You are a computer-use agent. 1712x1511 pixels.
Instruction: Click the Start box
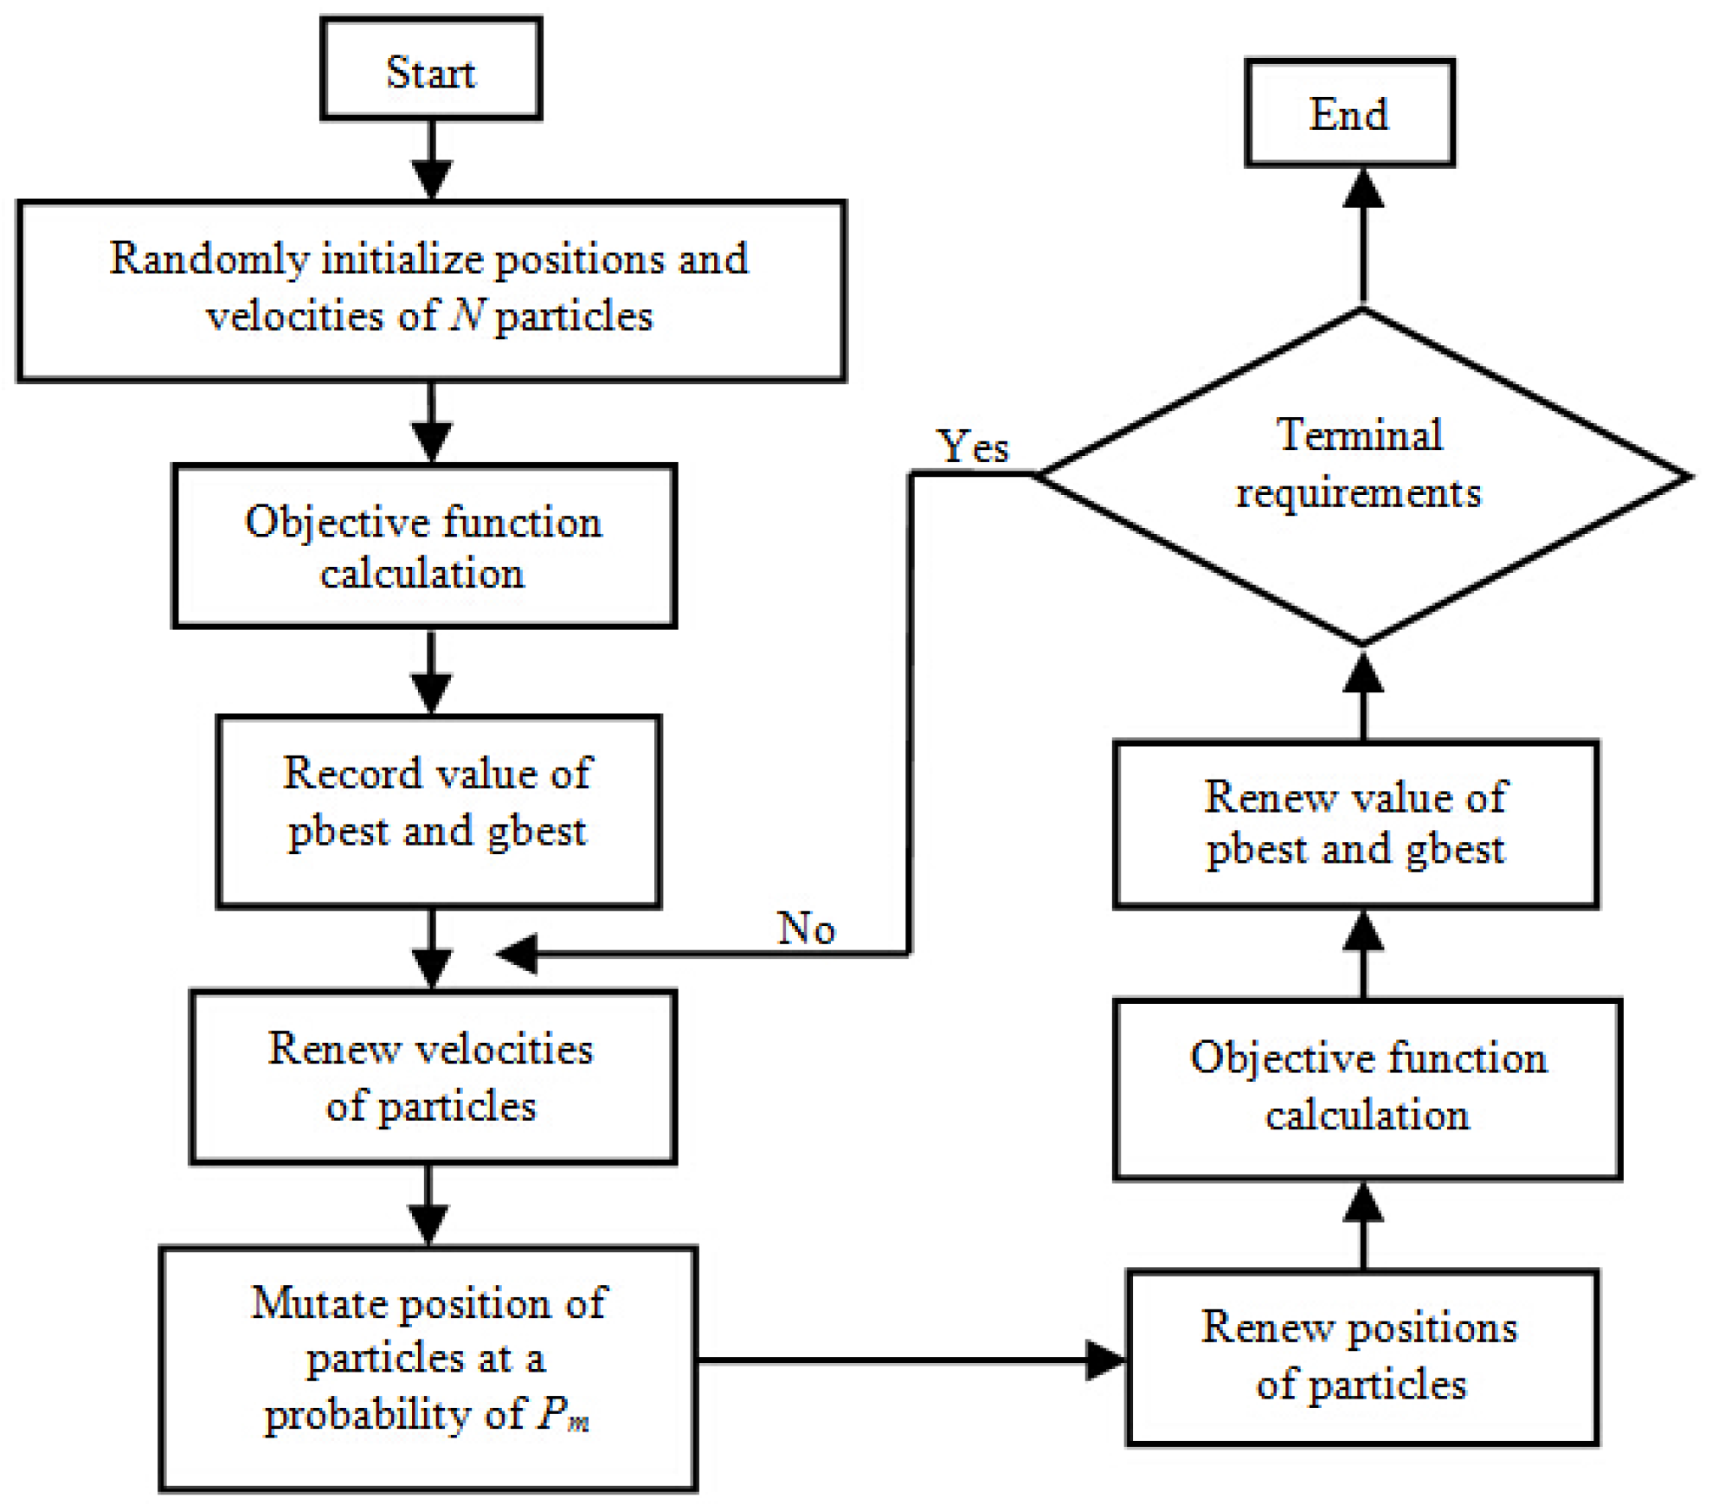[x=431, y=69]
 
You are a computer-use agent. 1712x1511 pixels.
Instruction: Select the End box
[x=1349, y=113]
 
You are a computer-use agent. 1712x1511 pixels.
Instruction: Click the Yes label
[x=974, y=447]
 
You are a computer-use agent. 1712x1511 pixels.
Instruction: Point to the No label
[x=806, y=929]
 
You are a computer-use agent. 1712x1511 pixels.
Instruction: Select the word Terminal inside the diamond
[x=1360, y=434]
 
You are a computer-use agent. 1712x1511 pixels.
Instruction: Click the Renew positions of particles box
[x=1361, y=1356]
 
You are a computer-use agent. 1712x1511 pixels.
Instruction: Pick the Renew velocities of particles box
[x=432, y=1077]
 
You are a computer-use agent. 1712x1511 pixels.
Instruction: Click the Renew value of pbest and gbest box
[x=1355, y=823]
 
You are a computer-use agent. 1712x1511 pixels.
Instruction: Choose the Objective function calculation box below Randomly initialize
[x=424, y=546]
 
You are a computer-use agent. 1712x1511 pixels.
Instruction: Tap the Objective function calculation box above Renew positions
[x=1367, y=1089]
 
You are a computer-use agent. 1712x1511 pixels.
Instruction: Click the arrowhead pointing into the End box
[x=1363, y=189]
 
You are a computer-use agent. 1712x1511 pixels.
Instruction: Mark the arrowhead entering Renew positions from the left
[x=1105, y=1360]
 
